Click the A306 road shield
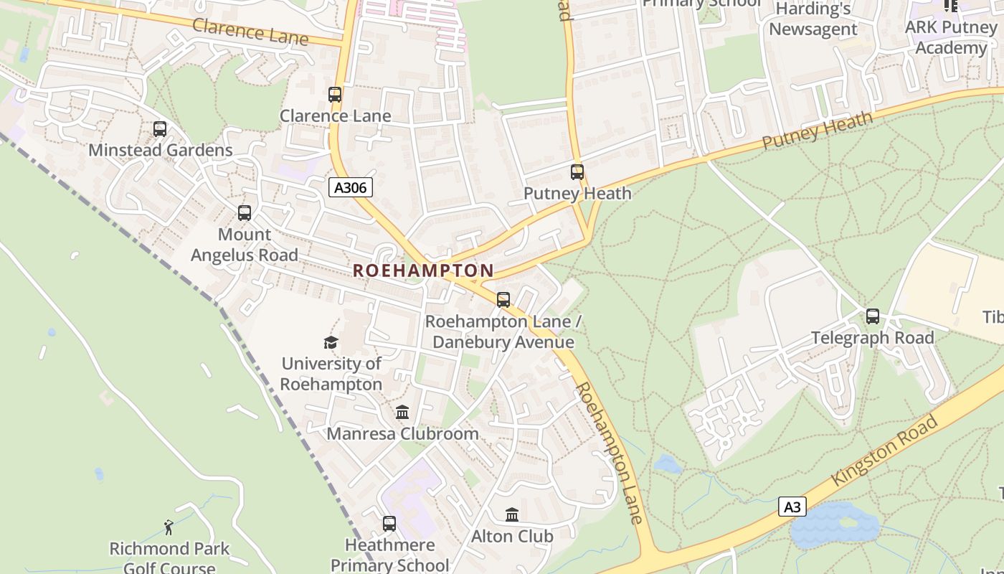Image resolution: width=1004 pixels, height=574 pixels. (x=351, y=188)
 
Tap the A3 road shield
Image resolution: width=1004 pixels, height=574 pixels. (x=792, y=507)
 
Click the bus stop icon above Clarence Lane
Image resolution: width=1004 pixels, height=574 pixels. (x=335, y=95)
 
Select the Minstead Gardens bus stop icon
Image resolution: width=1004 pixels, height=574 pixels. (x=160, y=129)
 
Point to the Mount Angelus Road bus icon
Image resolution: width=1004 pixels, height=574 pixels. (x=245, y=213)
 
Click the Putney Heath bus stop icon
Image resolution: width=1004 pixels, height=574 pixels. (x=577, y=172)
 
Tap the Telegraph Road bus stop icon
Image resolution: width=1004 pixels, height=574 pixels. (x=873, y=316)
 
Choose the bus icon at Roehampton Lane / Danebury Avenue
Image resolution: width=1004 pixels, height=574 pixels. (x=503, y=300)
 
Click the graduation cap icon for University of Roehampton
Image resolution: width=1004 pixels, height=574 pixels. (x=331, y=342)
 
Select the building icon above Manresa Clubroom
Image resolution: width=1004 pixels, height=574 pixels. (x=402, y=413)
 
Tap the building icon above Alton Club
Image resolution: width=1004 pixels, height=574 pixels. (x=512, y=515)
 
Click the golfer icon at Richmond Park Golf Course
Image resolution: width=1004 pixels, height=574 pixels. (x=169, y=528)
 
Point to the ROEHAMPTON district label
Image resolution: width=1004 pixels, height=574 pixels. (x=423, y=270)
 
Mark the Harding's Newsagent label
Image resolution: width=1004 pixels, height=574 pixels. (x=813, y=19)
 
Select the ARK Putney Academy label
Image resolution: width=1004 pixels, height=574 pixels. (x=951, y=37)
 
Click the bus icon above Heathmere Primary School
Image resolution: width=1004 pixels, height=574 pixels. (x=389, y=524)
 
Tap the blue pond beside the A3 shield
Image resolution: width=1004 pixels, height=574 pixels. (x=836, y=526)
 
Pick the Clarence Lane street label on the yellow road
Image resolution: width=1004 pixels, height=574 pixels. (x=250, y=32)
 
